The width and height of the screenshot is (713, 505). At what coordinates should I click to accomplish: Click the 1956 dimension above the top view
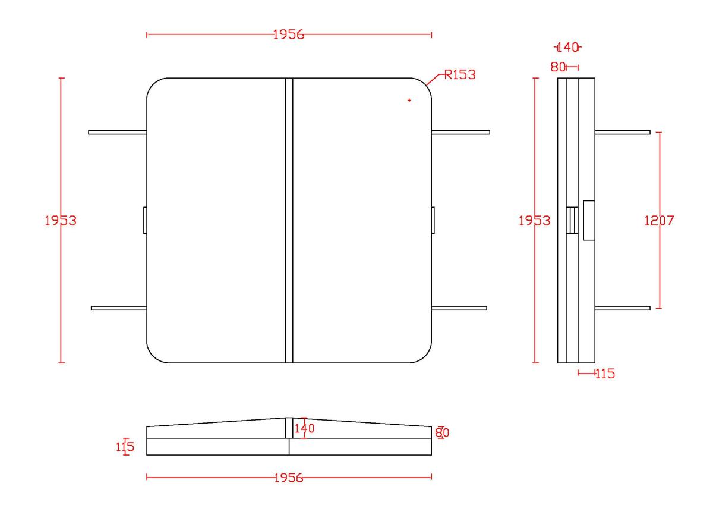[289, 34]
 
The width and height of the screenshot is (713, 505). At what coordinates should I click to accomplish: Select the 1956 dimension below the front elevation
[289, 478]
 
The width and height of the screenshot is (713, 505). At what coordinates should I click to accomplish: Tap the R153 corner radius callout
[460, 75]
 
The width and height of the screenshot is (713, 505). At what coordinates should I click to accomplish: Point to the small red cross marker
[409, 101]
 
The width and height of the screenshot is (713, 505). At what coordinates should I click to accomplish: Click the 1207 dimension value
[659, 221]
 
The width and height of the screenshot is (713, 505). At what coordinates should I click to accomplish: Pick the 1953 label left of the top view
[61, 221]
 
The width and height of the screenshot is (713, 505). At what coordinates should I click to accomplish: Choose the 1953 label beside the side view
[534, 221]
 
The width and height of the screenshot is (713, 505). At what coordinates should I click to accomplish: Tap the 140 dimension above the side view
[567, 48]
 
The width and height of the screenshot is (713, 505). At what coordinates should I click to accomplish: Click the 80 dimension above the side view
[558, 67]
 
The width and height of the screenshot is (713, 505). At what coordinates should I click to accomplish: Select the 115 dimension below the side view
[605, 374]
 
